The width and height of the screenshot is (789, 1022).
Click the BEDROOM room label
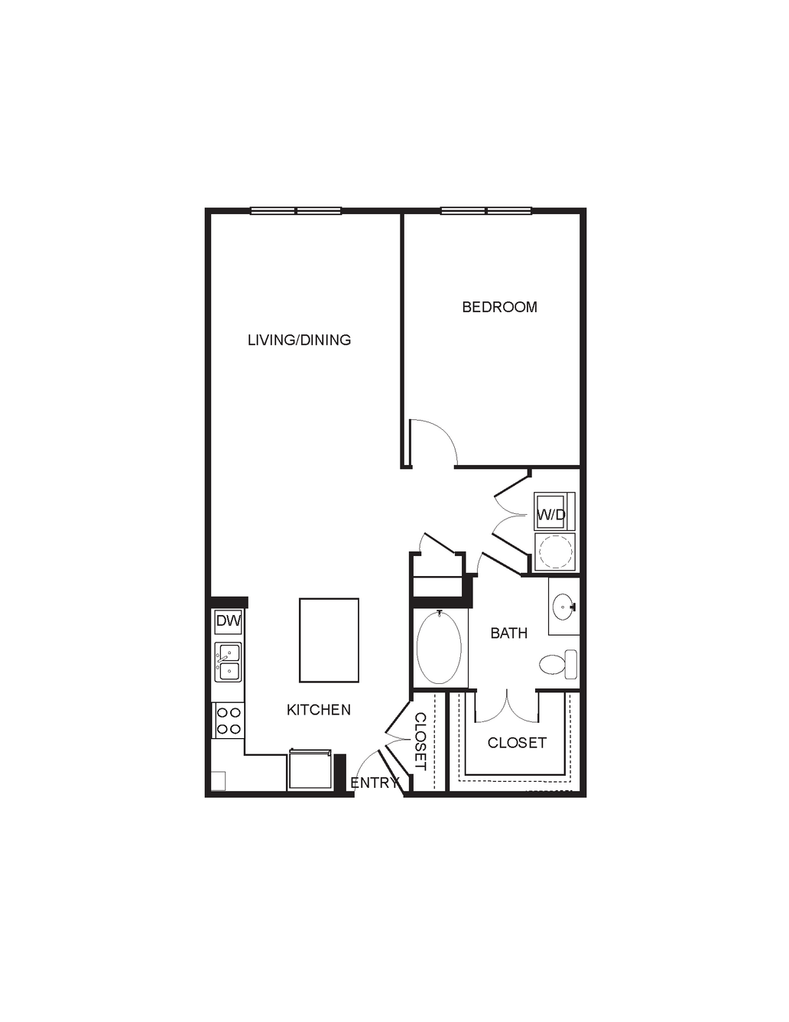pos(499,307)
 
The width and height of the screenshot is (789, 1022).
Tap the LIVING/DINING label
pos(300,340)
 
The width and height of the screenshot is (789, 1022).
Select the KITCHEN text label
pos(319,710)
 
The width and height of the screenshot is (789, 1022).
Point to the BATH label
pos(509,633)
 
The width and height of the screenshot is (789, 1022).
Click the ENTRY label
pos(375,783)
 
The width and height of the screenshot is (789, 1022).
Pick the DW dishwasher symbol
pos(229,621)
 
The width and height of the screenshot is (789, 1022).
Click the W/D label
pos(552,515)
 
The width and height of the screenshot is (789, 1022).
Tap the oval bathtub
pos(440,648)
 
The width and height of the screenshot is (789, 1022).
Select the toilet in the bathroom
pos(558,664)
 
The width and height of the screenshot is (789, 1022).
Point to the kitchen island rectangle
pos(329,640)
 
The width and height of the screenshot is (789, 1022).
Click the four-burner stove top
pos(229,721)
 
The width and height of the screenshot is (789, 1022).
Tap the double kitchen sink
pos(229,662)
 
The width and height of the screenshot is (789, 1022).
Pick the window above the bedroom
pos(486,210)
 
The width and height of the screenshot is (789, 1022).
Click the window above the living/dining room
pos(296,210)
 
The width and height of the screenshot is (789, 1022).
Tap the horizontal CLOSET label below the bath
pos(517,743)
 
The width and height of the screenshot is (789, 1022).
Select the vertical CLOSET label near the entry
pos(420,741)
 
